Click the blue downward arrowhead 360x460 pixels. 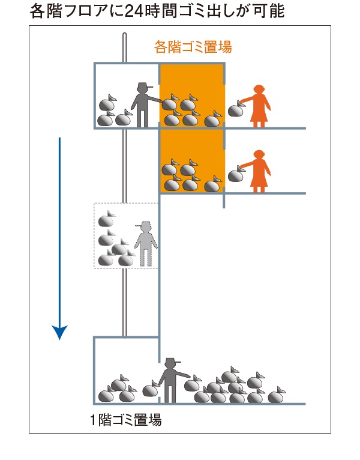pyautogui.click(x=59, y=332)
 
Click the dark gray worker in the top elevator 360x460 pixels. pyautogui.click(x=143, y=104)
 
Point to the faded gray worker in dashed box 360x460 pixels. pyautogui.click(x=145, y=243)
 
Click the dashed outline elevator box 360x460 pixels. pyautogui.click(x=126, y=235)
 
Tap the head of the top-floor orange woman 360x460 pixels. pyautogui.click(x=259, y=89)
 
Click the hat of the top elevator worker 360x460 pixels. pyautogui.click(x=143, y=85)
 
